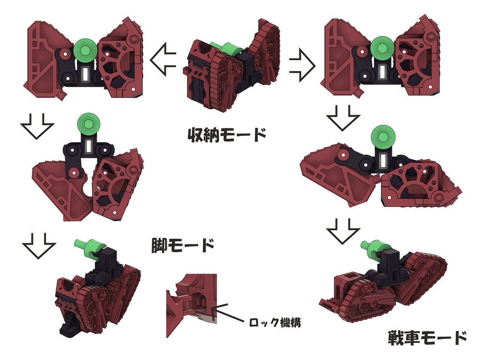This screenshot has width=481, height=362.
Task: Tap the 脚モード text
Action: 183,245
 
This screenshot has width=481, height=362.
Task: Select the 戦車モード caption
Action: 427,337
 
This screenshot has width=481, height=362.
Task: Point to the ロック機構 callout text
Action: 274,323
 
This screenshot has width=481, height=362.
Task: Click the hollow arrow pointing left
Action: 163,59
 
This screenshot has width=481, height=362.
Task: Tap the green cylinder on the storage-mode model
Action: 225,48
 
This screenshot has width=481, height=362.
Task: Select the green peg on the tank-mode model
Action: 374,249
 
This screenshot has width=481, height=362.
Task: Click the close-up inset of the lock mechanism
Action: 191,306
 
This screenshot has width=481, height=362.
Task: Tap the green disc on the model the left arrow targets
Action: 85,49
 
